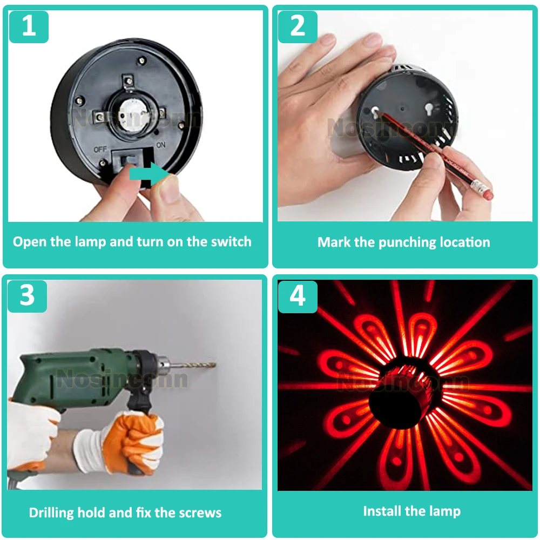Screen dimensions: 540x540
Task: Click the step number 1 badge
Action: [x=29, y=27]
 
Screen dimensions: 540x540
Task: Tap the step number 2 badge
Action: [x=298, y=27]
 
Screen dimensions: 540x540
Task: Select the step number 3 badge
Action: [x=27, y=296]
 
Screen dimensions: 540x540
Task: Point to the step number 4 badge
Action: [x=298, y=296]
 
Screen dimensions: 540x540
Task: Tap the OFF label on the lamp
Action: [x=100, y=150]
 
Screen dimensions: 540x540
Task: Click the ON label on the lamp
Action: [x=161, y=145]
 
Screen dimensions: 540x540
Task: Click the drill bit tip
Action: [x=215, y=364]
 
